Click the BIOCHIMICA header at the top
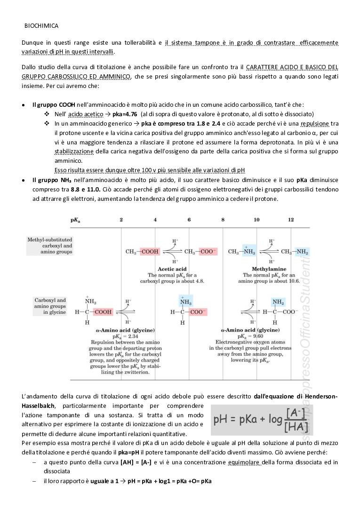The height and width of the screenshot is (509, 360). coord(41,26)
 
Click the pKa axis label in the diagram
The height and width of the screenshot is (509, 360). coord(75,220)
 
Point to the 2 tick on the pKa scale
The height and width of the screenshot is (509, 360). coord(121,220)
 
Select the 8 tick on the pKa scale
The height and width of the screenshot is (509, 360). coord(223,220)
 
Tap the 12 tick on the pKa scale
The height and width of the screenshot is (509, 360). coord(291,220)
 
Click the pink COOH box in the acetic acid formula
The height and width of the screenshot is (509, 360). coord(150,252)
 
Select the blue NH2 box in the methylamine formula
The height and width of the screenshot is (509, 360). coord(302,252)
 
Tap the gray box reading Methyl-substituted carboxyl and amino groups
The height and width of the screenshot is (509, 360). coord(49,246)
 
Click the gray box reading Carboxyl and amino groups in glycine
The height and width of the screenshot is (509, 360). coord(49,306)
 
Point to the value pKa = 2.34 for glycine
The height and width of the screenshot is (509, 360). coord(119,336)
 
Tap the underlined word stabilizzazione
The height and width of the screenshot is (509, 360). coord(74,151)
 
